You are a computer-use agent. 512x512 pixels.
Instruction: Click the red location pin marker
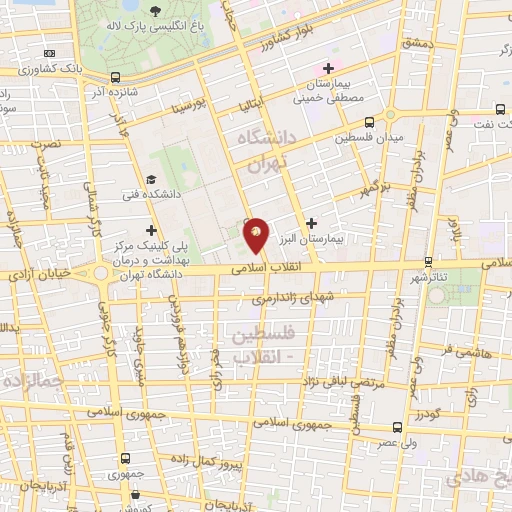pyautogui.click(x=257, y=234)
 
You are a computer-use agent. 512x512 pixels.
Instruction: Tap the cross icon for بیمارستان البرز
pyautogui.click(x=313, y=223)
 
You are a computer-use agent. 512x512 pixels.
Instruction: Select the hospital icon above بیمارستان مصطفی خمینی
pyautogui.click(x=327, y=68)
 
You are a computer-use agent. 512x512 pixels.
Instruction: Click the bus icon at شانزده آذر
pyautogui.click(x=116, y=77)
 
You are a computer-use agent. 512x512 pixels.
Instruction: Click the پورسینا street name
pyautogui.click(x=188, y=105)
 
